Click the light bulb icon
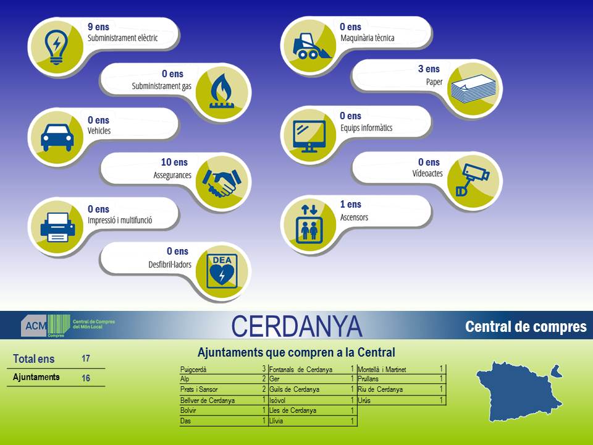[x=56, y=47]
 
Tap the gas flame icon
[x=222, y=91]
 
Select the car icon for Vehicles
[x=57, y=138]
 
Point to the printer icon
[x=57, y=227]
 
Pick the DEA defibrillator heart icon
[x=222, y=271]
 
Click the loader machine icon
[x=311, y=46]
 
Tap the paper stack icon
[x=473, y=89]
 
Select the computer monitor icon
[x=309, y=136]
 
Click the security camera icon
[x=472, y=179]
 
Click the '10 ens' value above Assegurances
[x=174, y=162]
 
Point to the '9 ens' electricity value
[x=98, y=27]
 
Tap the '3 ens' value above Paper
[x=429, y=69]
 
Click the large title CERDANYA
[x=296, y=326]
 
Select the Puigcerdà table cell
[x=193, y=370]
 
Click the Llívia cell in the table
[x=276, y=421]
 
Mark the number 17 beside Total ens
[x=86, y=358]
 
